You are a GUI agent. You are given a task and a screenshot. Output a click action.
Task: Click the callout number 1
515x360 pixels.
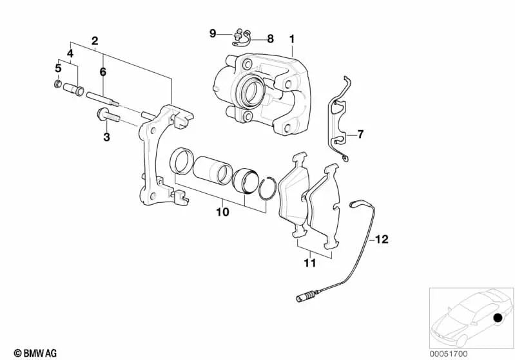coord(291,39)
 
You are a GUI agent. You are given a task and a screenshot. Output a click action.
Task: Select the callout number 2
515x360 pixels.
coord(95,41)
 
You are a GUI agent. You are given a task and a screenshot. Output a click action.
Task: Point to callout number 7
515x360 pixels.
coord(360,135)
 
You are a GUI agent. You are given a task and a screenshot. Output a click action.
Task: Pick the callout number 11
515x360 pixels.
coord(310,263)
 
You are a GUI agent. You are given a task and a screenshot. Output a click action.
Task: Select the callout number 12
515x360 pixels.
coord(382,240)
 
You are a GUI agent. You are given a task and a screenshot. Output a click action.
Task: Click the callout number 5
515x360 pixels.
coord(57,67)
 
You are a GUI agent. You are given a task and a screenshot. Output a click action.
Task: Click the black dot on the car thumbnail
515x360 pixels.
coord(497,318)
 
